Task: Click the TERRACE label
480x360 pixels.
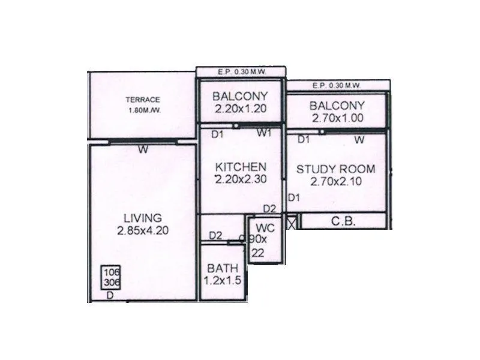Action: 142,100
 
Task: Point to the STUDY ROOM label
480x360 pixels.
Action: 335,169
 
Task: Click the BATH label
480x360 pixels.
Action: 223,268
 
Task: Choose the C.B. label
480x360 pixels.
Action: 344,221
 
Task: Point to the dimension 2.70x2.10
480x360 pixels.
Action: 335,181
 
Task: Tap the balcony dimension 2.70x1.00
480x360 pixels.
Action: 337,118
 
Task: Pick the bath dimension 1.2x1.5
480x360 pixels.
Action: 223,281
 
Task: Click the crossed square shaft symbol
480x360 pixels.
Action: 292,222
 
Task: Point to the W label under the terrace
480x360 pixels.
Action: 142,150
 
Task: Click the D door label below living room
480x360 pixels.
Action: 110,295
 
